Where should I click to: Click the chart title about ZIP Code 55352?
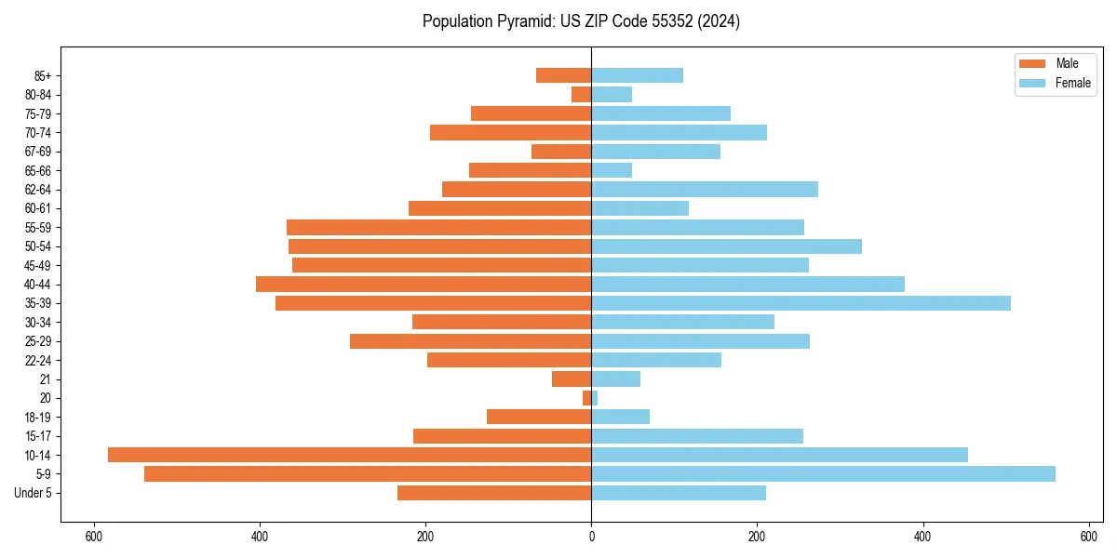pyautogui.click(x=581, y=21)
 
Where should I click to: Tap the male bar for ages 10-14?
pyautogui.click(x=349, y=455)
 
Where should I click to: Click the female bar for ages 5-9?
pyautogui.click(x=823, y=474)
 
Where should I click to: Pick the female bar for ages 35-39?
pyautogui.click(x=801, y=303)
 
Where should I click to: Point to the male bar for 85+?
pyautogui.click(x=563, y=75)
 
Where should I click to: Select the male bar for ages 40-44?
pyautogui.click(x=424, y=284)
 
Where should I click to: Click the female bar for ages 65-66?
pyautogui.click(x=612, y=170)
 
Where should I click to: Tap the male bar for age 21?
pyautogui.click(x=572, y=379)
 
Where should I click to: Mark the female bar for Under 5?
pyautogui.click(x=679, y=493)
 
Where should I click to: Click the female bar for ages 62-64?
pyautogui.click(x=705, y=190)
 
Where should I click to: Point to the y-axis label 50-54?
pyautogui.click(x=38, y=246)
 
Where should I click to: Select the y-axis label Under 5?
pyautogui.click(x=33, y=493)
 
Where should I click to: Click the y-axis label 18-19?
pyautogui.click(x=38, y=418)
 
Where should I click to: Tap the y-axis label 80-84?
pyautogui.click(x=38, y=95)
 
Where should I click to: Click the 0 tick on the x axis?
pyautogui.click(x=591, y=537)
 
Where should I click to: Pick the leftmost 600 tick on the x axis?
pyautogui.click(x=93, y=537)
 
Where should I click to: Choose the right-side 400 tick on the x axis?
pyautogui.click(x=922, y=537)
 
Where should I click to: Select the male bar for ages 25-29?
pyautogui.click(x=470, y=341)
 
